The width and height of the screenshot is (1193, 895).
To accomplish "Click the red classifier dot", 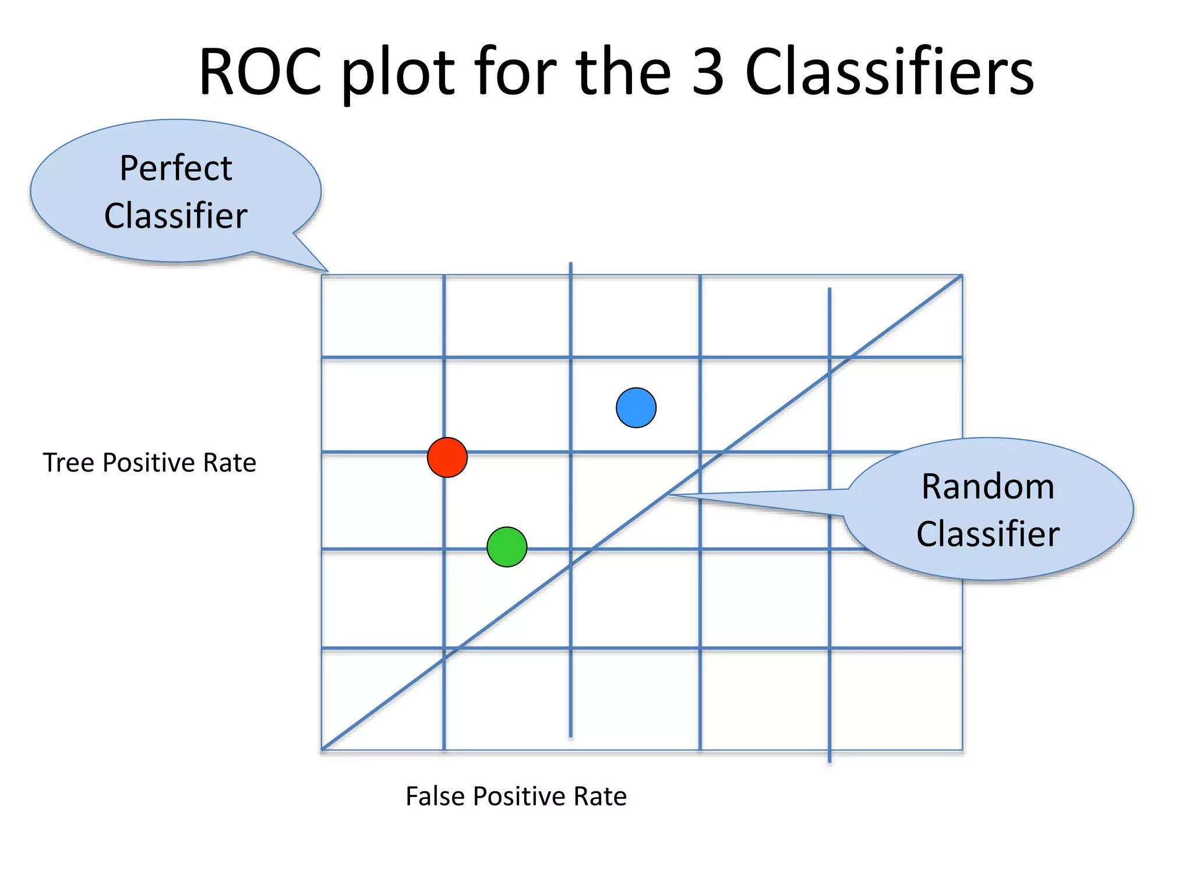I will pyautogui.click(x=447, y=457).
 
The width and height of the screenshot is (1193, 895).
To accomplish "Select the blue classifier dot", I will pyautogui.click(x=636, y=408).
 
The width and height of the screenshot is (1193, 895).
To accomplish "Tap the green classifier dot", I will pyautogui.click(x=507, y=547).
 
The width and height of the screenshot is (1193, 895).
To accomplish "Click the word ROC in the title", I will pyautogui.click(x=260, y=72).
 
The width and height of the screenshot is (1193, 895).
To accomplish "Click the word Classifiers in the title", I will pyautogui.click(x=890, y=72).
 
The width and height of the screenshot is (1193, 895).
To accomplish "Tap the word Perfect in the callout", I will pyautogui.click(x=176, y=168).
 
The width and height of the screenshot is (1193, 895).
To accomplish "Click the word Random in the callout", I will pyautogui.click(x=988, y=487).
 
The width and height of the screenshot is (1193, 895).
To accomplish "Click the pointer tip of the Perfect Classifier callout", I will pyautogui.click(x=328, y=272).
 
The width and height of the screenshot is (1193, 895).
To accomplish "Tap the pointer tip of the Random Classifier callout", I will pyautogui.click(x=669, y=495).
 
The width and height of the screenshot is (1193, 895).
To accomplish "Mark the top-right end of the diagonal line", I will pyautogui.click(x=961, y=276).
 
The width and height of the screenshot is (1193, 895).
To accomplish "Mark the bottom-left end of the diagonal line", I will pyautogui.click(x=323, y=749).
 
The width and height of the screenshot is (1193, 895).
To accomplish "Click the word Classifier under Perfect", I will pyautogui.click(x=176, y=216).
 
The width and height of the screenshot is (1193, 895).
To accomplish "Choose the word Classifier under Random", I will pyautogui.click(x=988, y=534).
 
